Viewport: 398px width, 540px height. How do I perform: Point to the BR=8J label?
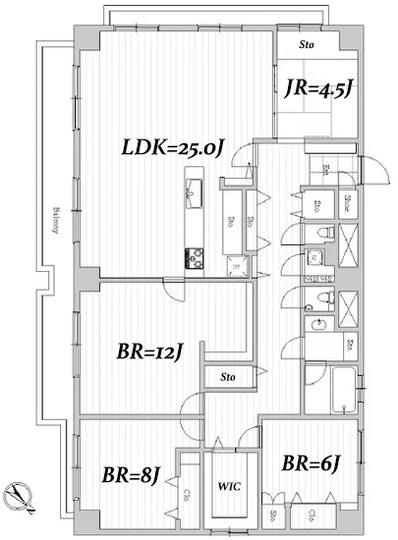[x=130, y=476]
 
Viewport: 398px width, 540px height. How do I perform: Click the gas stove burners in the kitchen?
[x=193, y=257]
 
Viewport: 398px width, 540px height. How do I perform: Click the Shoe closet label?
[x=348, y=205]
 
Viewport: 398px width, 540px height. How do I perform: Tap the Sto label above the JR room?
[x=308, y=44]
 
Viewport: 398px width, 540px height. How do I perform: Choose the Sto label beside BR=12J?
[x=228, y=376]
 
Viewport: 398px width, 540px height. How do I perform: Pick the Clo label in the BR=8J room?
[x=187, y=496]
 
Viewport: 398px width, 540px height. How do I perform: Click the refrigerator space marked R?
[x=235, y=262]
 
